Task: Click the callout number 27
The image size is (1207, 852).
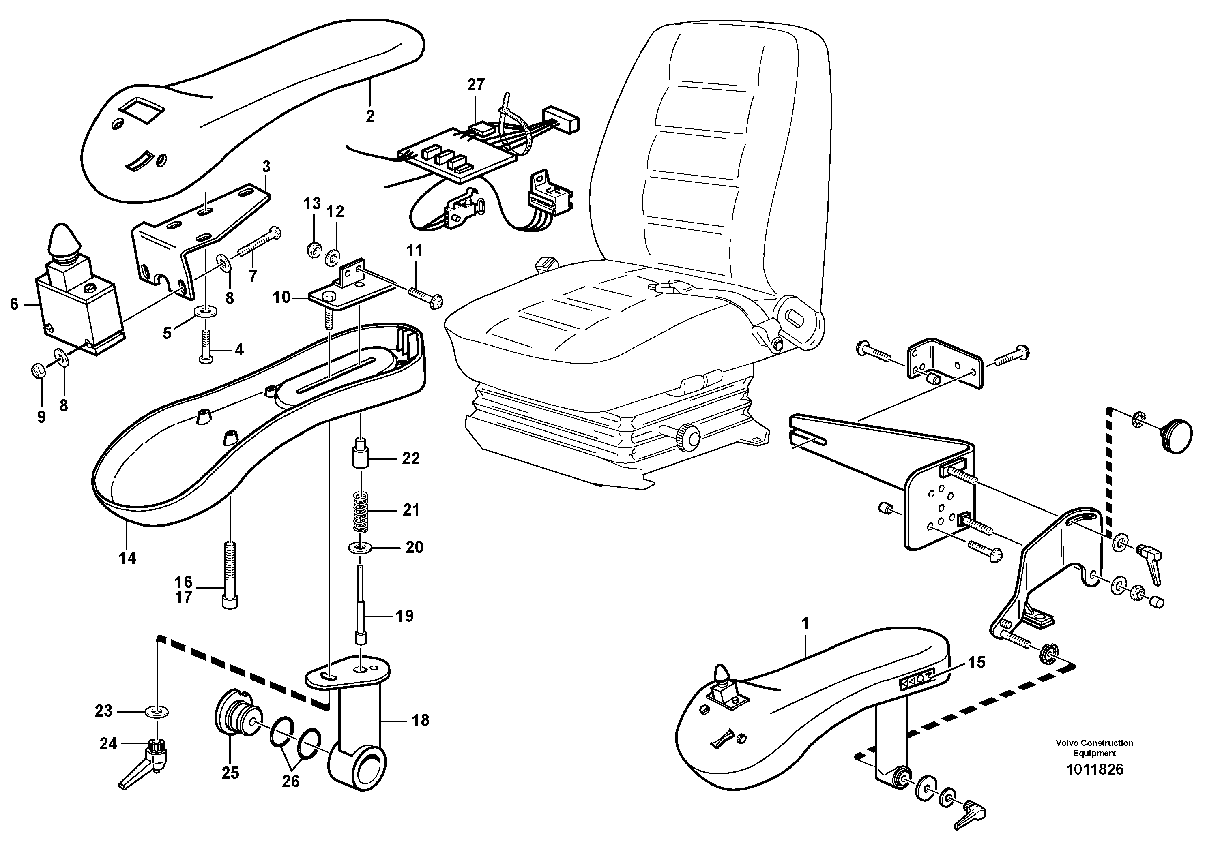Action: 476,85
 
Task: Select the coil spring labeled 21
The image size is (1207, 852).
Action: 360,512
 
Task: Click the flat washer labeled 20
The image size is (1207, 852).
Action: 360,548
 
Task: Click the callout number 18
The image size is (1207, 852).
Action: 421,720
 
